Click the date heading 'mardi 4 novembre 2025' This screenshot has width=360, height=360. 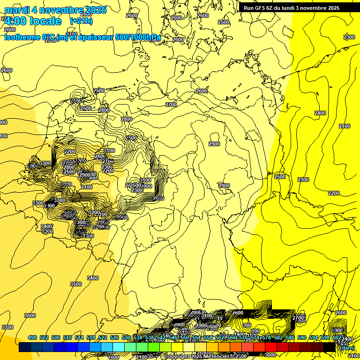(x=55, y=10)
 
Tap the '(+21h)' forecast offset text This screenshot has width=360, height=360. (x=81, y=21)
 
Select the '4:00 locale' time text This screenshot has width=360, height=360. (x=32, y=21)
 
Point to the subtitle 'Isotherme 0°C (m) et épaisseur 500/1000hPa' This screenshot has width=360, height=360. (x=82, y=37)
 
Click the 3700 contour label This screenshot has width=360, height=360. (x=7, y=327)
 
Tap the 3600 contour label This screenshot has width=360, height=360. (x=30, y=315)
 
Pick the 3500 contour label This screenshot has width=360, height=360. (x=75, y=284)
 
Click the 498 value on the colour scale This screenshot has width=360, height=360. (x=32, y=338)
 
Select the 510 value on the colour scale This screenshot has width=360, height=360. (x=67, y=338)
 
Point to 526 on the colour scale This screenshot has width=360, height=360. (x=114, y=338)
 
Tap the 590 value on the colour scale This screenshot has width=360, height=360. (x=302, y=338)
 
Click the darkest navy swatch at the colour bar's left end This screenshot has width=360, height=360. (x=24, y=347)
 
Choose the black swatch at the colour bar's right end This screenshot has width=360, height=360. (x=329, y=347)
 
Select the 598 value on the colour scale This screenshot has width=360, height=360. (x=325, y=338)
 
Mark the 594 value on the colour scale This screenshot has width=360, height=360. (x=314, y=338)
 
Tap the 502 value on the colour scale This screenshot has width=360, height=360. (x=44, y=338)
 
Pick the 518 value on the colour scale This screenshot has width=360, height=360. (x=91, y=338)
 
